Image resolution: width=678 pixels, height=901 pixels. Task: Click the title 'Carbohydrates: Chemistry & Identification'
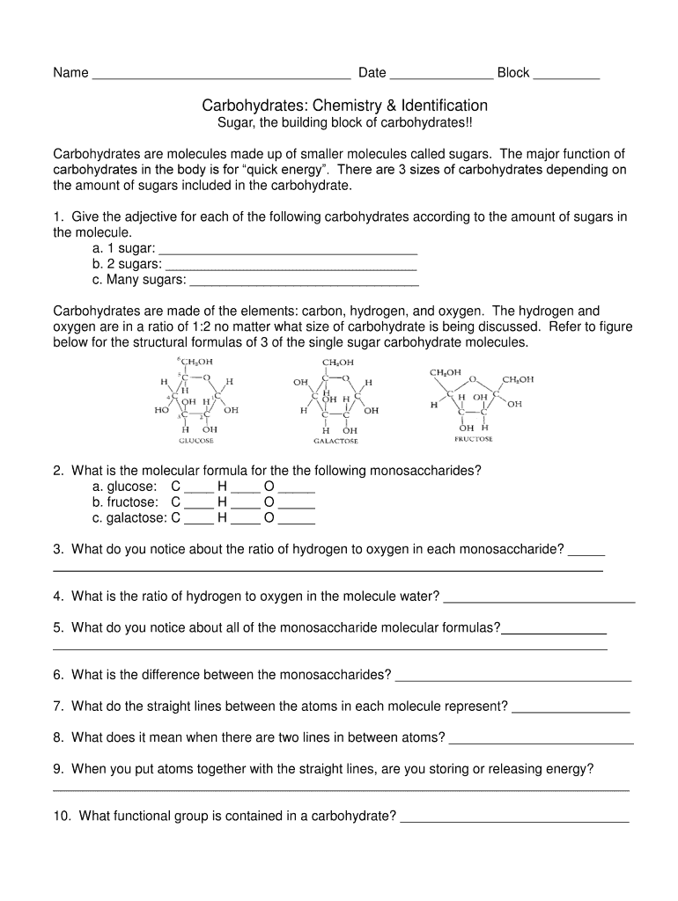coord(344,106)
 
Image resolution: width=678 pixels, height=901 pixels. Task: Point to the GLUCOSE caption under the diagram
coord(195,440)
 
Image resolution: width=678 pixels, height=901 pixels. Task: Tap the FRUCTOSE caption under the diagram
coord(473,438)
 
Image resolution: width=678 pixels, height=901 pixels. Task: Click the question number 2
coord(57,471)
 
